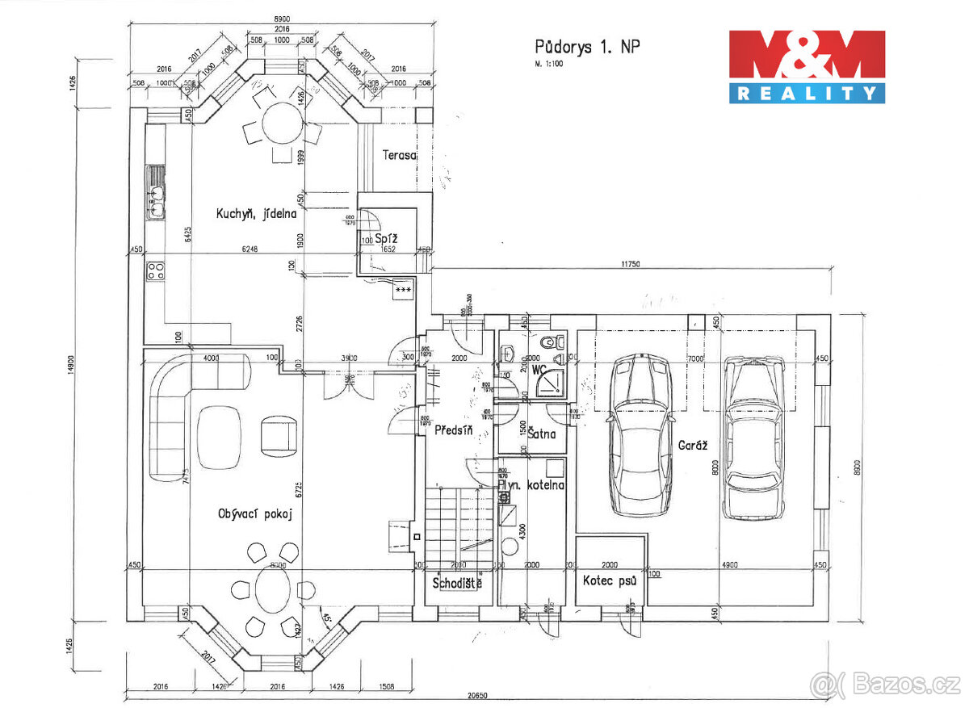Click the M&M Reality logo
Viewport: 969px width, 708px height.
pyautogui.click(x=807, y=66)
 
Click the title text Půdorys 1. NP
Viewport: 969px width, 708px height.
pyautogui.click(x=587, y=47)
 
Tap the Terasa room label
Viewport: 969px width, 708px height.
pyautogui.click(x=400, y=154)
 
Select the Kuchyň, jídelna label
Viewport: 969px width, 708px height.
pyautogui.click(x=256, y=214)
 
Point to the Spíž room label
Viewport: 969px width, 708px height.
pyautogui.click(x=385, y=238)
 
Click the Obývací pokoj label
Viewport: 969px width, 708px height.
pyautogui.click(x=254, y=513)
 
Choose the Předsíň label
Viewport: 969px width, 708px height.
pyautogui.click(x=452, y=430)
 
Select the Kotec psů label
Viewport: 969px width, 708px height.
pyautogui.click(x=610, y=580)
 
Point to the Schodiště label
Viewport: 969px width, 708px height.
pyautogui.click(x=457, y=582)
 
